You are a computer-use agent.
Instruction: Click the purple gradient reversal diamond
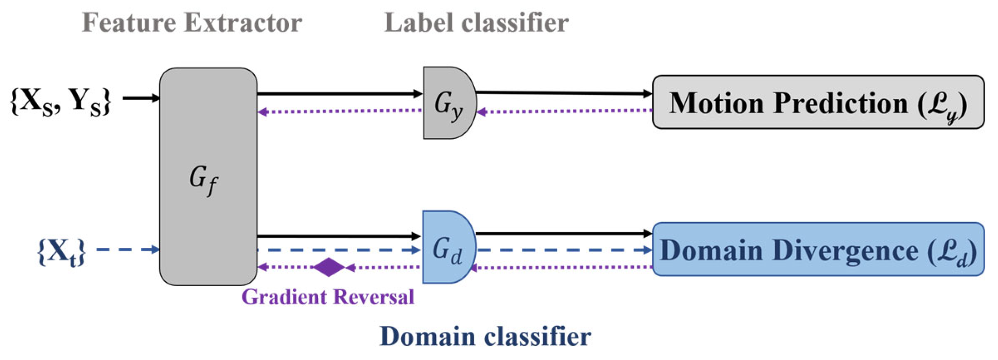click(x=329, y=267)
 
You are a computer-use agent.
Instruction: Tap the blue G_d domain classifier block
click(x=447, y=248)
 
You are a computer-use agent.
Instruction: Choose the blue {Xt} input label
click(x=61, y=252)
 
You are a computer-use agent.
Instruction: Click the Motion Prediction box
click(x=818, y=102)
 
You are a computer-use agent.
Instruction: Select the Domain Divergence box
click(x=818, y=250)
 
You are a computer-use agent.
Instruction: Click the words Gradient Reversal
click(x=328, y=296)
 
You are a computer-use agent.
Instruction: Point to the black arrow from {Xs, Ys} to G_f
click(x=140, y=98)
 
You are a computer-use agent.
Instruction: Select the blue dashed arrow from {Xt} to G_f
click(x=127, y=250)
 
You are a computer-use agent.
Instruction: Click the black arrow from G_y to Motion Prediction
click(x=563, y=93)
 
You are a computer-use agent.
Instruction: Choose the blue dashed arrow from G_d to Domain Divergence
click(x=563, y=250)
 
